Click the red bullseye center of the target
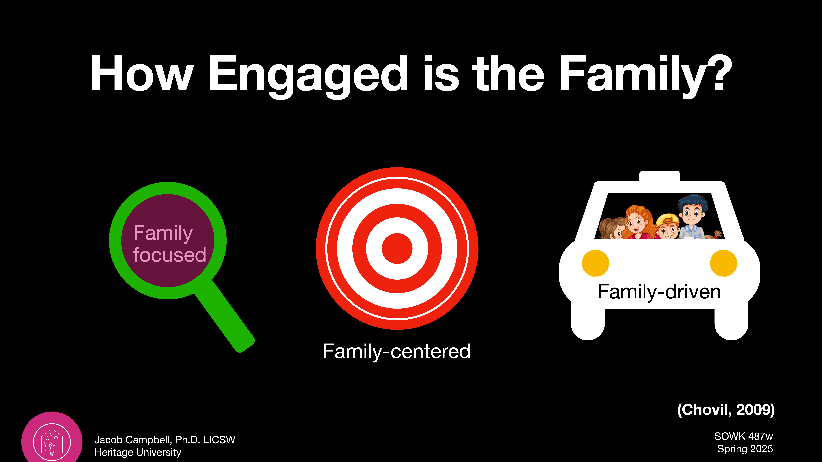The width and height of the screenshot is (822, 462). click(397, 248)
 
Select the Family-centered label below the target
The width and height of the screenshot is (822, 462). click(397, 351)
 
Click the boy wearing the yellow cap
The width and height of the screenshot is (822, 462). click(668, 226)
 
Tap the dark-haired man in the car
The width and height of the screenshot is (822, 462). click(692, 217)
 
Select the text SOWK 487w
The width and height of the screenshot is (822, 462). click(744, 436)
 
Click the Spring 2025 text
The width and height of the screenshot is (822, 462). click(745, 449)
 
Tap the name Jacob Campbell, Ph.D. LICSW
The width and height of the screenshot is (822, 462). click(165, 440)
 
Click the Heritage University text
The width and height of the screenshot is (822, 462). click(138, 452)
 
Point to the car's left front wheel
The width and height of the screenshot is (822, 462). click(588, 325)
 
